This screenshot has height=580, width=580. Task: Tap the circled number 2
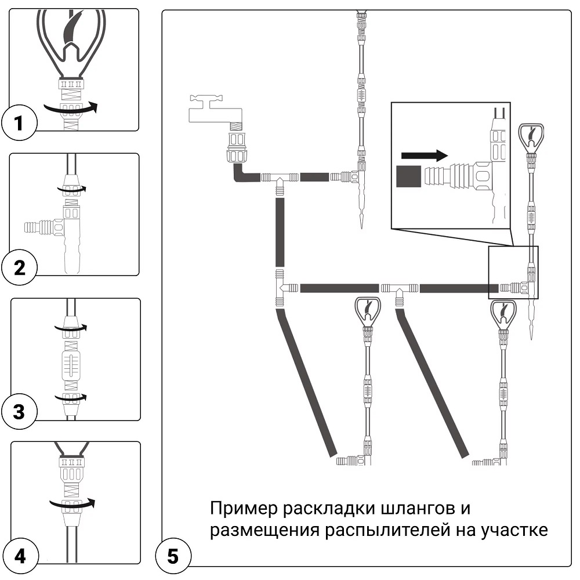pos(20,268)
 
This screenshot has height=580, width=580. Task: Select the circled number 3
pos(20,412)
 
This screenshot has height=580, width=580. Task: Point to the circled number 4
pos(20,557)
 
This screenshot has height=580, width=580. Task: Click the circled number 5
pos(172,557)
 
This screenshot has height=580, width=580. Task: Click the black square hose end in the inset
pos(408,176)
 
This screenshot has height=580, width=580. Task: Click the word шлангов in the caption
pos(422,509)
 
